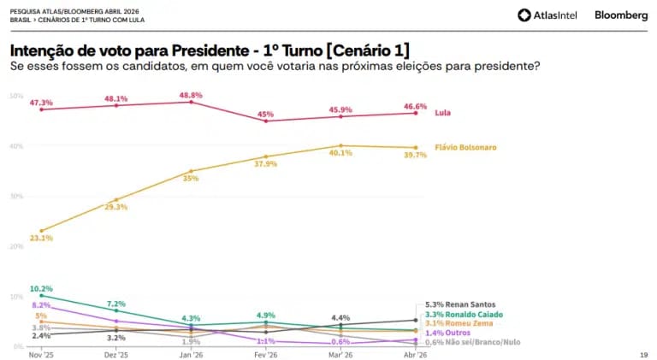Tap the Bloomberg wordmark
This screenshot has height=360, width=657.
[x=621, y=15]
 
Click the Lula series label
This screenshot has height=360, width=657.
[x=442, y=113]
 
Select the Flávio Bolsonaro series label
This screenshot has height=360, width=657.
[x=465, y=147]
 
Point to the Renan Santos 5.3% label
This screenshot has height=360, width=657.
[x=460, y=304]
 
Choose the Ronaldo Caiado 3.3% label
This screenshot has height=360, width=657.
[x=465, y=314]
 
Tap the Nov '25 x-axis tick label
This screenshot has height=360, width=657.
[x=41, y=354]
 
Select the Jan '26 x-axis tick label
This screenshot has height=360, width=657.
[x=191, y=354]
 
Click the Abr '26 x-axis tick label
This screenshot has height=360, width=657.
[x=415, y=354]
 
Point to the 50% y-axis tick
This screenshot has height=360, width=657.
[x=15, y=96]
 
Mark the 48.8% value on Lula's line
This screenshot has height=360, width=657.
[x=190, y=95]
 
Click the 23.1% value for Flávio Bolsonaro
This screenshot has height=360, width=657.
[x=41, y=238]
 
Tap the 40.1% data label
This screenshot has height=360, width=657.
[x=340, y=153]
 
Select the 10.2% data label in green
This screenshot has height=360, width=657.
[x=41, y=289]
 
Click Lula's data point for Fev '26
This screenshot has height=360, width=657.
[x=266, y=121]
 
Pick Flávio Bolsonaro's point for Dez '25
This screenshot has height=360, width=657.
[x=116, y=199]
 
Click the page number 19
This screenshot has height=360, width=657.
[x=643, y=354]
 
